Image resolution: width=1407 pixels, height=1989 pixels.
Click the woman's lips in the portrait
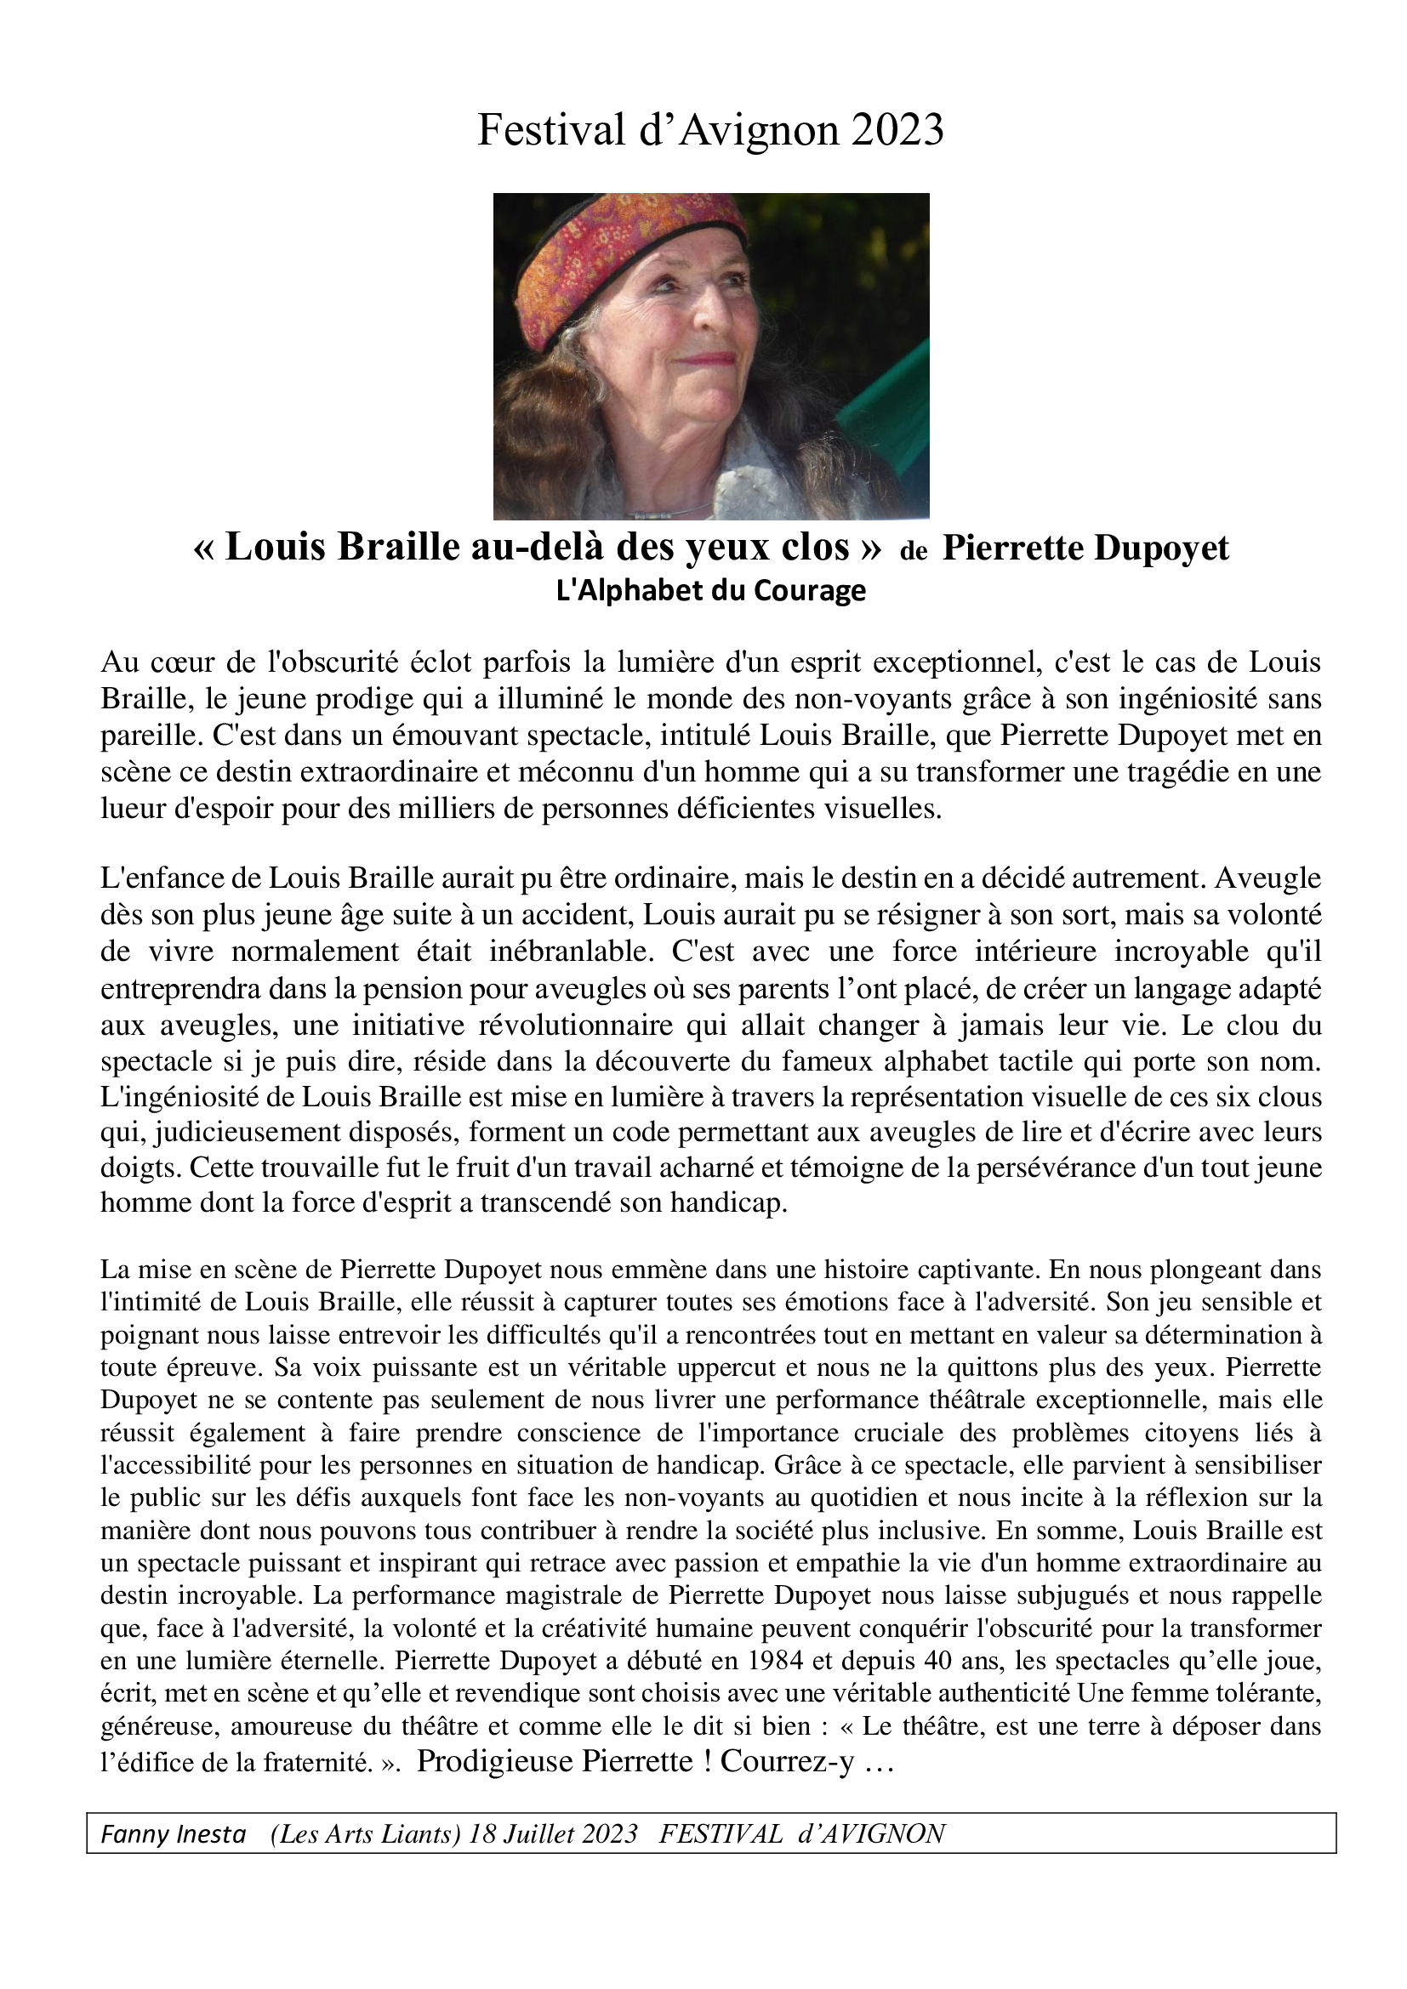[706, 358]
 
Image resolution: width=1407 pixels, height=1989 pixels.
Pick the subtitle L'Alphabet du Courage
[710, 591]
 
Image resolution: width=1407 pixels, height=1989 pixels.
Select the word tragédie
[1185, 771]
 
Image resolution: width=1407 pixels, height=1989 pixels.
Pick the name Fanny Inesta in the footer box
[174, 1834]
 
